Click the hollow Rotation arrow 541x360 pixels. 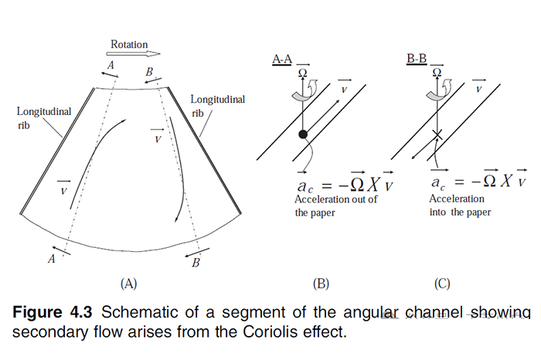134,55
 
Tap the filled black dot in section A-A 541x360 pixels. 304,134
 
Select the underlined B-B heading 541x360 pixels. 417,59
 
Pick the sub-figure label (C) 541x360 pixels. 442,284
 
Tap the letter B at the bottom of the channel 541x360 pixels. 196,264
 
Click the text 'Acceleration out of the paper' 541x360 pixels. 335,206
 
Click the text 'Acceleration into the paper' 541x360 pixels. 460,204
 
